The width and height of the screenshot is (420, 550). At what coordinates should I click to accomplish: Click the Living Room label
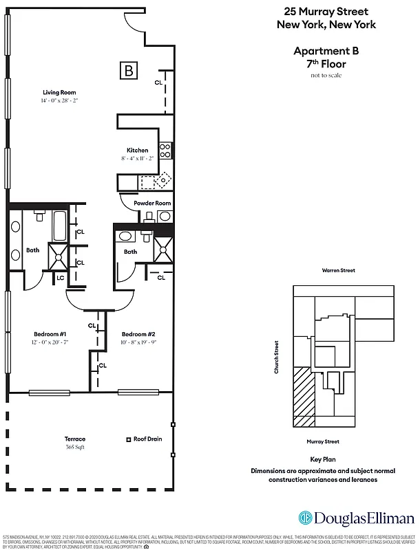59,92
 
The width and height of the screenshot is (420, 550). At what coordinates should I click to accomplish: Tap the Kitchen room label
137,151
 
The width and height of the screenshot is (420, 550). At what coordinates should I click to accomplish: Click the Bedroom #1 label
50,334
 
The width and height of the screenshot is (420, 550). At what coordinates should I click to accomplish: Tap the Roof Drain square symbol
128,439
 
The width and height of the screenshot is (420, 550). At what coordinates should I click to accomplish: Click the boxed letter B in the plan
128,69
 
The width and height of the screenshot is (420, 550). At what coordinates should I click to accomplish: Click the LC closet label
60,278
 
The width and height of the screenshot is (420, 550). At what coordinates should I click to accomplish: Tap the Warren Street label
338,270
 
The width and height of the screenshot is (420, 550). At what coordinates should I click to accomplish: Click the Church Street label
277,357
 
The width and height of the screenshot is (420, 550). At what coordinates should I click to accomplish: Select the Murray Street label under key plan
323,441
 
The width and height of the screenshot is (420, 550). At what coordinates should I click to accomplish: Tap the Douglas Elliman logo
356,518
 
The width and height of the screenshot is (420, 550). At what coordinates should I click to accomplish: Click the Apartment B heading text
326,51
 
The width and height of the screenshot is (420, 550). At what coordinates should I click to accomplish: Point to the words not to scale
326,75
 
